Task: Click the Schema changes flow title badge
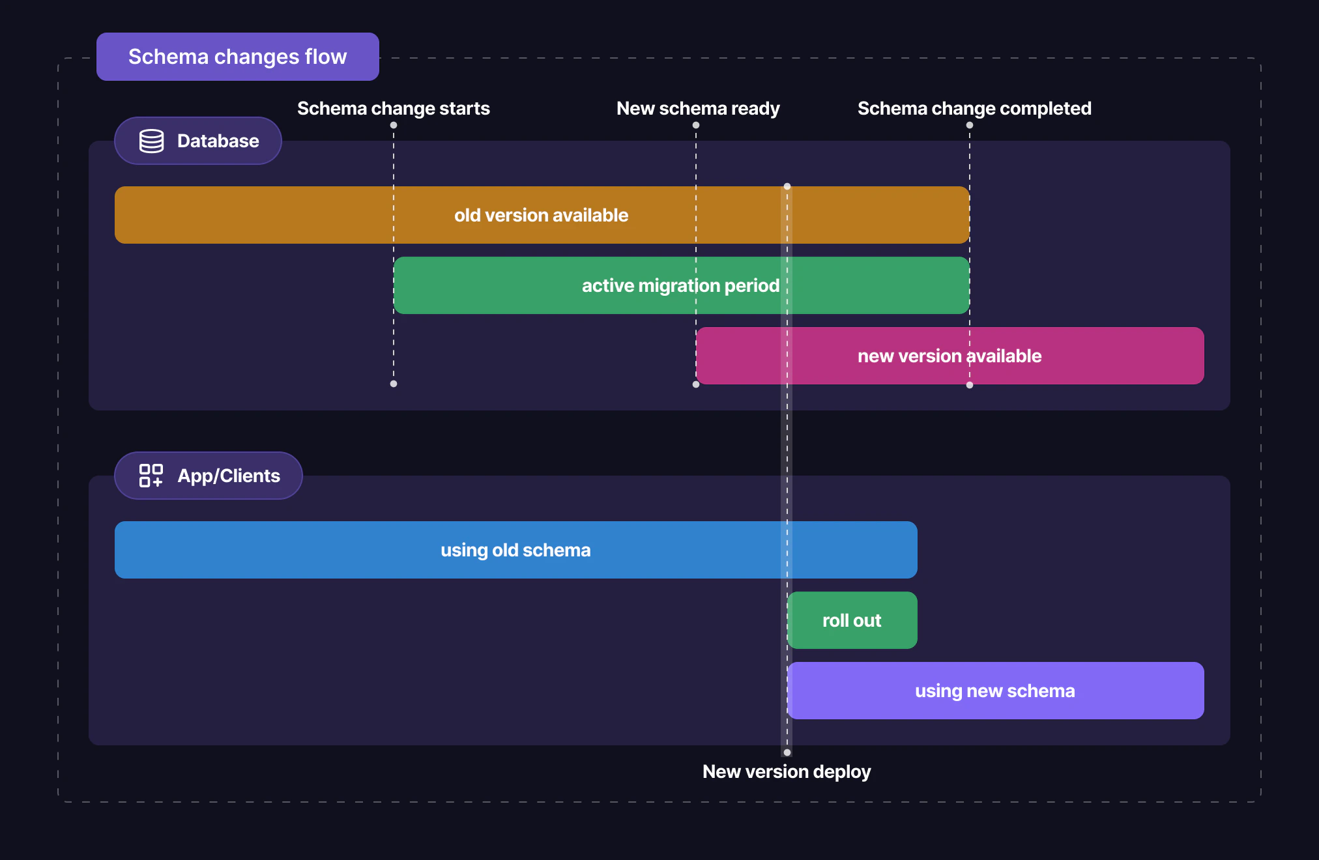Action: click(237, 57)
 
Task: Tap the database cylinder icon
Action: click(152, 141)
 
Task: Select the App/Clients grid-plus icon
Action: click(151, 476)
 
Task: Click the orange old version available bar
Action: click(541, 215)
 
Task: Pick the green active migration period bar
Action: click(680, 285)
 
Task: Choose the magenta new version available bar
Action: click(949, 356)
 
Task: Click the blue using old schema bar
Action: click(515, 550)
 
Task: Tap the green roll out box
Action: click(852, 620)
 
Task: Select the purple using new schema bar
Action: click(994, 691)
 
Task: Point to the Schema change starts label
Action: click(394, 108)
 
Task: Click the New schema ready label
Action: click(698, 108)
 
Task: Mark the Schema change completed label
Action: click(974, 108)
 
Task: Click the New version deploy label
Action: click(787, 772)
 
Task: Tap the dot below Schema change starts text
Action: click(394, 125)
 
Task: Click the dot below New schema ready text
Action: click(696, 125)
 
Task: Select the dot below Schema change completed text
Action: click(970, 125)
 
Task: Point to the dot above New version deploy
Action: click(787, 752)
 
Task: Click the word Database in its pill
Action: click(218, 141)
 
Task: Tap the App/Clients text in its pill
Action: click(229, 476)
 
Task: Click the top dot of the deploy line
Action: click(787, 186)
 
